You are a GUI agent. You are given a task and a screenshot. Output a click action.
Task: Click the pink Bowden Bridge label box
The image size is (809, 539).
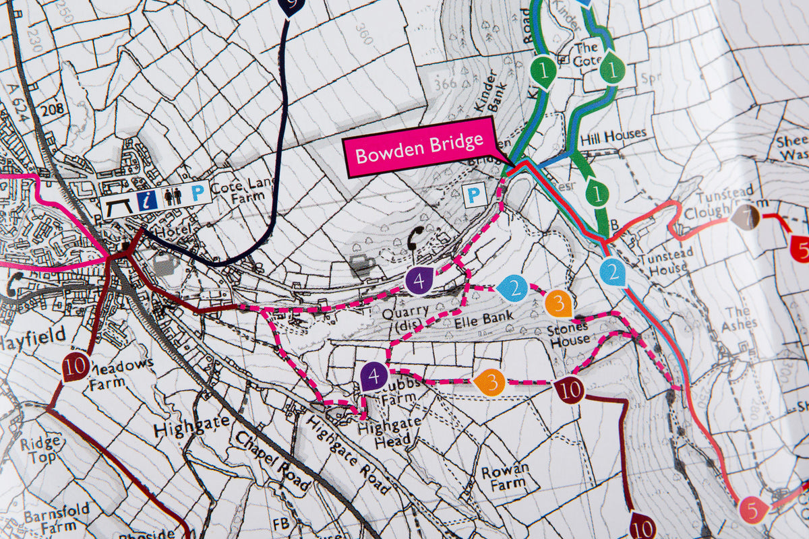pyautogui.click(x=419, y=146)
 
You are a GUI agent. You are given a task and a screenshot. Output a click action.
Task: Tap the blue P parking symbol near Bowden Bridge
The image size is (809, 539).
pyautogui.click(x=475, y=196)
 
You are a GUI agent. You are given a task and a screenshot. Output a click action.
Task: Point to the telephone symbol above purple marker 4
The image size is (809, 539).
pyautogui.click(x=416, y=236)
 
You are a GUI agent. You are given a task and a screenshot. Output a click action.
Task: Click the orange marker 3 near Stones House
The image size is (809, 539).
pyautogui.click(x=558, y=303)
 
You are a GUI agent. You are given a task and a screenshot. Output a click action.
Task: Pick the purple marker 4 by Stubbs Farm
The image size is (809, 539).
pyautogui.click(x=373, y=375)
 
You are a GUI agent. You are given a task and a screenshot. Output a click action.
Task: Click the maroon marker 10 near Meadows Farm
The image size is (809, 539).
pyautogui.click(x=76, y=367)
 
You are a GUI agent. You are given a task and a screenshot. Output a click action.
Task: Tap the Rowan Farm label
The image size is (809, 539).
pyautogui.click(x=504, y=476)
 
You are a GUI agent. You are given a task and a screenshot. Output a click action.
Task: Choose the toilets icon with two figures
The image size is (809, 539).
pyautogui.click(x=172, y=196)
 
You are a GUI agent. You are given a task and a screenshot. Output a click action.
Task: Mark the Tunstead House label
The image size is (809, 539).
pyautogui.click(x=663, y=263)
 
